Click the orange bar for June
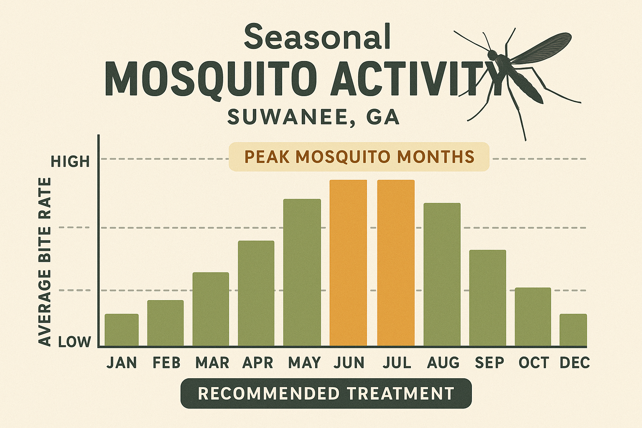coord(348,263)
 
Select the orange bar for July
coord(396,263)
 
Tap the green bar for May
coord(302,273)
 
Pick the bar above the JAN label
coord(122,330)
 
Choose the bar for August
coord(442,275)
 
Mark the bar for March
coord(211,309)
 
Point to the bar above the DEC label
coord(573,330)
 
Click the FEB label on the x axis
coord(166,363)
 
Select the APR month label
coord(257,363)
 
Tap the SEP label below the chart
coord(489,363)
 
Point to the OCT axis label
coord(533,363)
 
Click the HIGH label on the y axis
coord(70,161)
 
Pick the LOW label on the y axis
coord(74,342)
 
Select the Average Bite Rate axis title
coord(45,261)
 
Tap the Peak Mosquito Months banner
coord(359,157)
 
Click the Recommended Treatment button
coord(326,393)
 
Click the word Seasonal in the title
coord(317,37)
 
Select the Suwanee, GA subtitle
coord(313,117)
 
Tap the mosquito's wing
coord(543,47)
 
